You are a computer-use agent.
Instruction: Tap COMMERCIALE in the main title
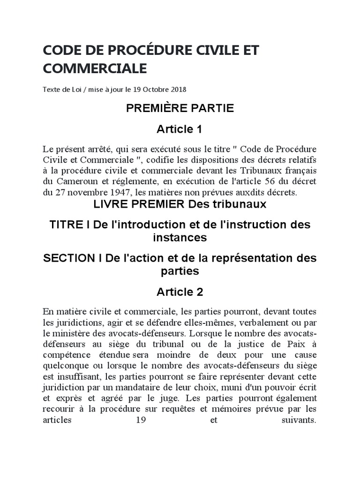click(95, 69)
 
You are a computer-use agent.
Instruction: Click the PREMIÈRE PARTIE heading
click(180, 109)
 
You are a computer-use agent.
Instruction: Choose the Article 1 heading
click(180, 129)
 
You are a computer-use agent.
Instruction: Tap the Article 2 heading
click(180, 292)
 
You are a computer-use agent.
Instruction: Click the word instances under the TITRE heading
click(180, 238)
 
